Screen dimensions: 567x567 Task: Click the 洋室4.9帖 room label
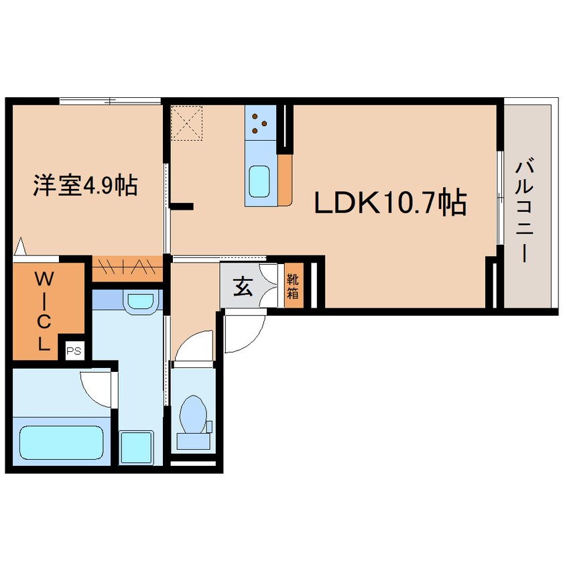tap(85, 184)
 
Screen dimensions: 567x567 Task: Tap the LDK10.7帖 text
tap(391, 202)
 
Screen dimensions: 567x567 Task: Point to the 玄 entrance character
tap(242, 287)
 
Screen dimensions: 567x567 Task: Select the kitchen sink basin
tap(260, 180)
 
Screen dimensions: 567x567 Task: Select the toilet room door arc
tap(194, 345)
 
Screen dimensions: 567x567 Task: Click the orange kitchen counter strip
tap(285, 180)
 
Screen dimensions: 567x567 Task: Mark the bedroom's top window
tap(111, 101)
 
